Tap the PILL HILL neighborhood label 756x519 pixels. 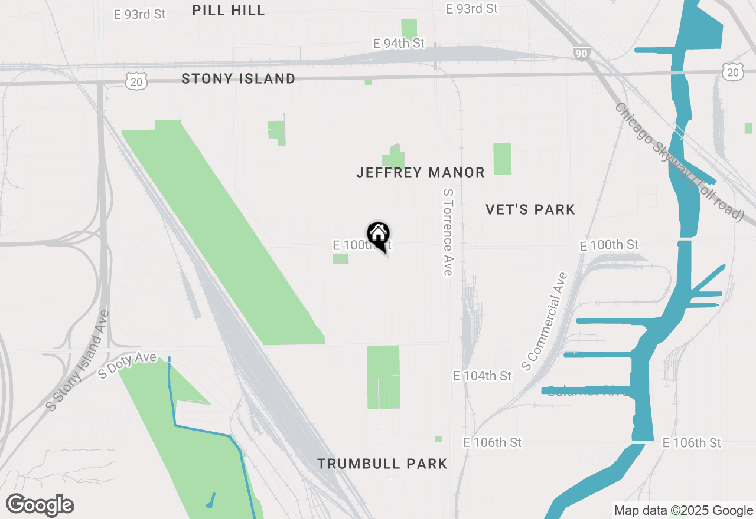[x=229, y=10]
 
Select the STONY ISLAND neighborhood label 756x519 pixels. [x=238, y=78]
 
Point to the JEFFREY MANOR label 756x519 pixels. [x=420, y=172]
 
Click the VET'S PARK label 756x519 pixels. [x=530, y=209]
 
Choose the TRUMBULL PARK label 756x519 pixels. [x=382, y=464]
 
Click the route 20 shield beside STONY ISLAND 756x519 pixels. [x=136, y=81]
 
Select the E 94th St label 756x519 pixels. [x=399, y=44]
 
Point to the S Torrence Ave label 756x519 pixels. [x=447, y=232]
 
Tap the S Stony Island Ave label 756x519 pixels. [x=78, y=360]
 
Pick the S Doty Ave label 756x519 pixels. [x=128, y=365]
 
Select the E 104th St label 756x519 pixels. [x=482, y=376]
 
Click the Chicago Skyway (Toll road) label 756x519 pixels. [x=679, y=161]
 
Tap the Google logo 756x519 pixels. [x=40, y=504]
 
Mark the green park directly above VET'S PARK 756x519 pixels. [x=502, y=159]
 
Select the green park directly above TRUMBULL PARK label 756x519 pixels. [x=383, y=377]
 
